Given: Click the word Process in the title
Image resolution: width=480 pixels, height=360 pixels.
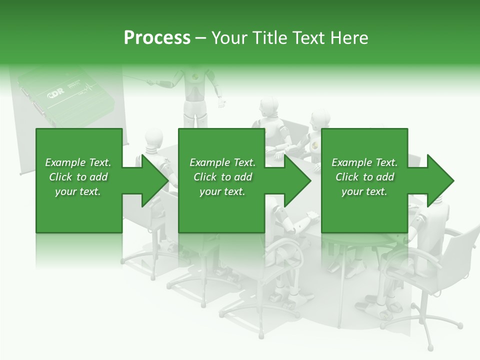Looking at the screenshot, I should [x=157, y=38].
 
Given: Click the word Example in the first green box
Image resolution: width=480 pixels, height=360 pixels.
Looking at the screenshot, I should [x=65, y=162].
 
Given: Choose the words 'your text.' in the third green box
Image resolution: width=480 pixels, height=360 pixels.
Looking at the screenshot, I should [x=364, y=191].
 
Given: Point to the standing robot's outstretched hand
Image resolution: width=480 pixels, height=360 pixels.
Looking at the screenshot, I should [x=221, y=103].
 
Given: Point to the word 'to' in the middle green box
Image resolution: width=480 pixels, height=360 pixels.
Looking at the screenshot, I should [x=226, y=177].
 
